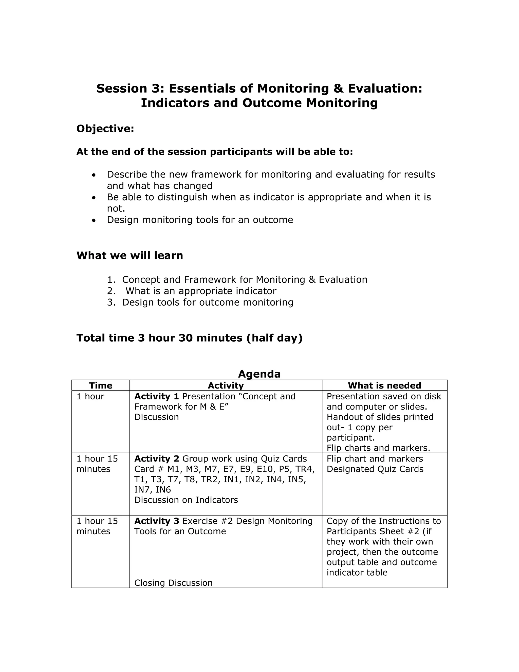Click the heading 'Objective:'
105,129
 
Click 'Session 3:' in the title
130,89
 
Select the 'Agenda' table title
259,374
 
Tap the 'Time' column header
101,385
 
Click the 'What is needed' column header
384,385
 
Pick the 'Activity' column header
226,385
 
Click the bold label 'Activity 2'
157,459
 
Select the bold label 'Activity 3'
157,521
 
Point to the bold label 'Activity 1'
157,396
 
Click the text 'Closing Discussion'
173,583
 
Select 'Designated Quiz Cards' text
375,469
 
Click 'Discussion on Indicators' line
186,500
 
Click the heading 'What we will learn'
129,255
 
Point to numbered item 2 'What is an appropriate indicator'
201,291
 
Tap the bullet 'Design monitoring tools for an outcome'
200,220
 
